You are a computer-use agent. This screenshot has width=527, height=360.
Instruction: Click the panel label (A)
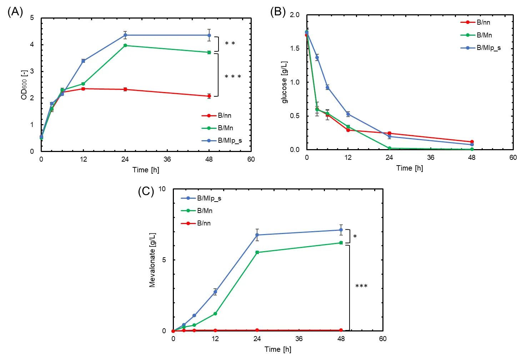click(x=15, y=12)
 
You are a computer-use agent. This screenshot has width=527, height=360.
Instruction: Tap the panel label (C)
click(x=146, y=192)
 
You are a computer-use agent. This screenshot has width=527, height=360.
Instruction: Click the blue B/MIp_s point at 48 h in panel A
click(x=209, y=35)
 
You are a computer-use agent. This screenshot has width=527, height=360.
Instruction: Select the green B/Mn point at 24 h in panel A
click(x=125, y=45)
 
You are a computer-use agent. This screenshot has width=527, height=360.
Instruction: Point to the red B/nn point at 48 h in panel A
click(x=209, y=96)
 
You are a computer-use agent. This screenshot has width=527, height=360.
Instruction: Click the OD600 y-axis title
click(x=24, y=85)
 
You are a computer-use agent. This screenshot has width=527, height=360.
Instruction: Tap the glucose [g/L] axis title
click(x=285, y=82)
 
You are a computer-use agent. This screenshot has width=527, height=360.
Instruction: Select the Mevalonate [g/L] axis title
click(x=152, y=260)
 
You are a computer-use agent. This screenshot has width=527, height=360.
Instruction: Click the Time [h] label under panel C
click(x=278, y=350)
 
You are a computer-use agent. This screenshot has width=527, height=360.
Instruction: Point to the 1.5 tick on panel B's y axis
click(x=295, y=49)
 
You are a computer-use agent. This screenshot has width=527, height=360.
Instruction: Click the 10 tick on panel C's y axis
click(x=162, y=189)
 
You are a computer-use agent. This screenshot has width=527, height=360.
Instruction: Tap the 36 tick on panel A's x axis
click(x=167, y=159)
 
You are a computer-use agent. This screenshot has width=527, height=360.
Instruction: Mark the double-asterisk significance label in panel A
click(x=230, y=44)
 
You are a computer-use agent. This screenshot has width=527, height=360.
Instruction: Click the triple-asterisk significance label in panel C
click(x=361, y=286)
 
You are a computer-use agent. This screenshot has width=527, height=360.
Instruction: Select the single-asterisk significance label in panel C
click(x=355, y=237)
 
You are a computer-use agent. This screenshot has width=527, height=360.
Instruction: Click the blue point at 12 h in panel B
click(x=348, y=114)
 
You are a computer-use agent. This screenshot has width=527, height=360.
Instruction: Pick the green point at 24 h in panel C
click(x=257, y=252)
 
